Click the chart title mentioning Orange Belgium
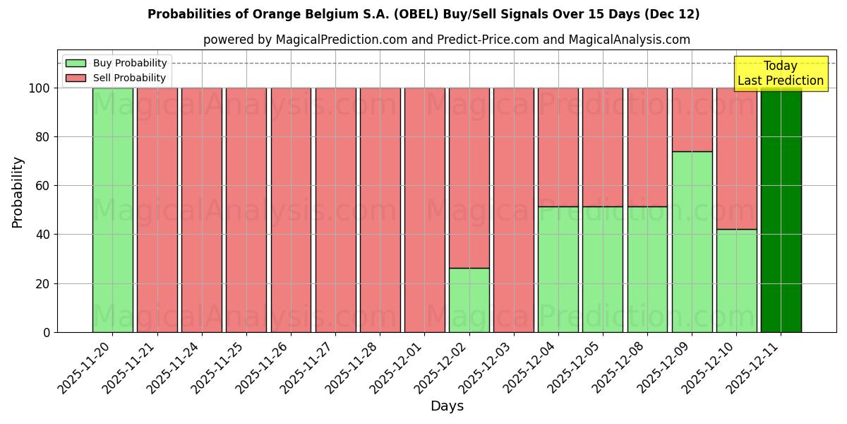(x=423, y=14)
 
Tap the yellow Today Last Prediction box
(x=780, y=73)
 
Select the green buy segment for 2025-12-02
(x=469, y=300)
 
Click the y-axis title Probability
(x=18, y=192)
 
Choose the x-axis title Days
(x=447, y=406)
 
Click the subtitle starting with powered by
(x=447, y=40)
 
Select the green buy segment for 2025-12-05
(x=602, y=269)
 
